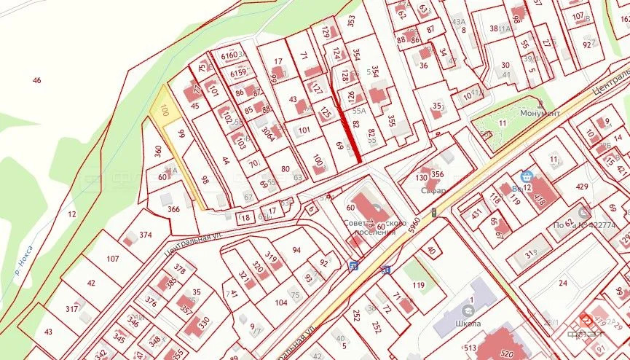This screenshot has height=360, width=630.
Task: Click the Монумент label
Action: tap(540, 114)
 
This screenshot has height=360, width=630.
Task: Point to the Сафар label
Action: tap(433, 190)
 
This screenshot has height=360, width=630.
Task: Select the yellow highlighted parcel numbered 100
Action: tap(165, 111)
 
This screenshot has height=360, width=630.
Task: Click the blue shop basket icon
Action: tap(526, 176)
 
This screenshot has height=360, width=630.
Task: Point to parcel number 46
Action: tap(37, 80)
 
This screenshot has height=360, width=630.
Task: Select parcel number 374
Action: tap(146, 235)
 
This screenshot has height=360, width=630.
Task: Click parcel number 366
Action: tap(173, 208)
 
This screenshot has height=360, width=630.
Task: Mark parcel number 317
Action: tap(71, 309)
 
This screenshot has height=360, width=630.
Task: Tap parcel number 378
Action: tap(180, 270)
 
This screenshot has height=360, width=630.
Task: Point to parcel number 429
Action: tap(581, 187)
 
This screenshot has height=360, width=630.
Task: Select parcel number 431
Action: tap(476, 214)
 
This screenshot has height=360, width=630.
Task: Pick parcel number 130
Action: tap(421, 178)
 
